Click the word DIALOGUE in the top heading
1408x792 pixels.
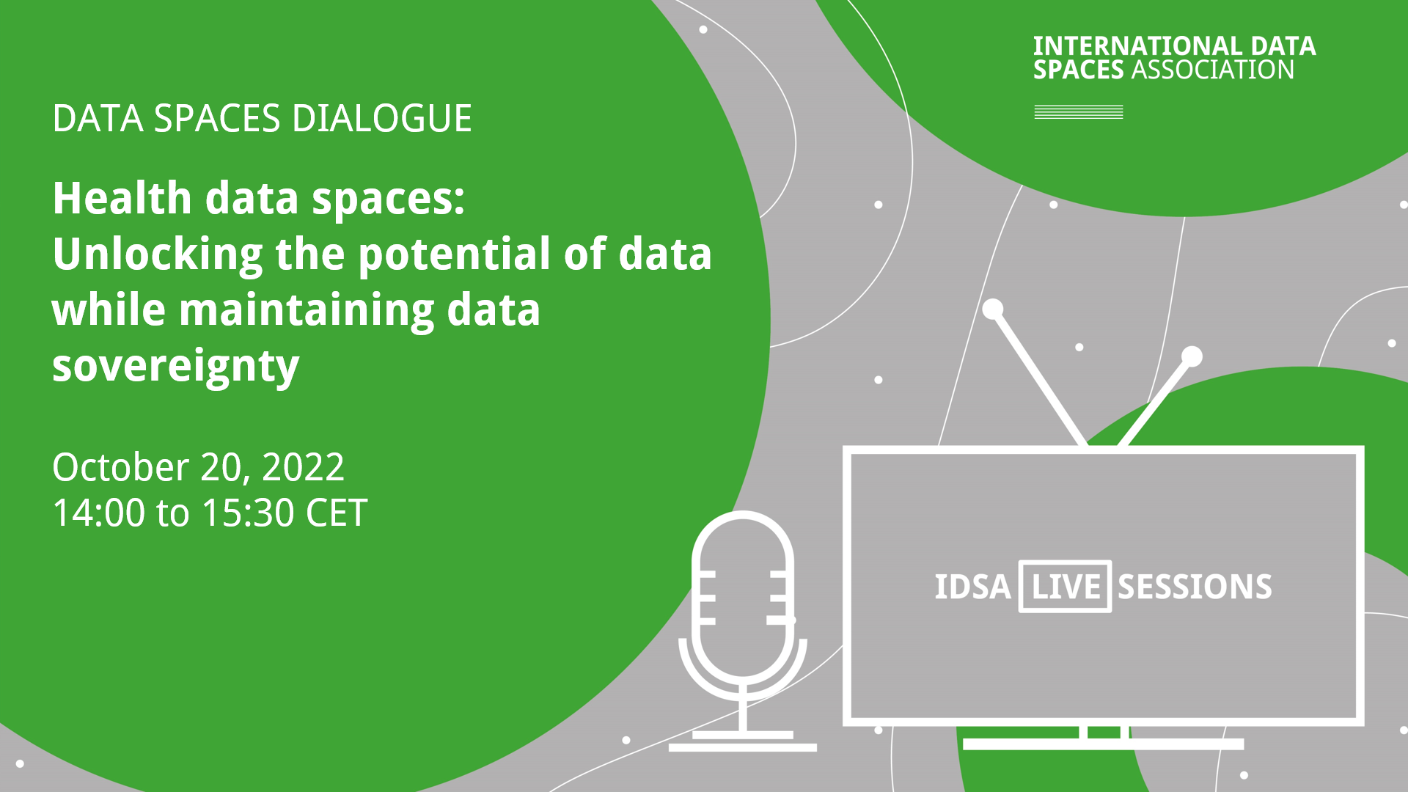click(x=382, y=119)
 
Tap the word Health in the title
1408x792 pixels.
click(x=122, y=198)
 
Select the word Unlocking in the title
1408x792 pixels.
click(x=158, y=255)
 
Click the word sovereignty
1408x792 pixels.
click(x=176, y=367)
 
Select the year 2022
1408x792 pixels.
click(x=303, y=467)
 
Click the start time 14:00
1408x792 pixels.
click(x=99, y=513)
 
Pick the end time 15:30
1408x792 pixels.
click(x=248, y=513)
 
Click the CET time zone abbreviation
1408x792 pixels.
click(x=337, y=513)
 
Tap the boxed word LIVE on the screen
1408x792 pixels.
click(x=1066, y=587)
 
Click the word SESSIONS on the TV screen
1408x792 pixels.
click(x=1195, y=587)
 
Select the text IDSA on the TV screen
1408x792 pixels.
click(x=972, y=587)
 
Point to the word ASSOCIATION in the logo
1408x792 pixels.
click(x=1213, y=70)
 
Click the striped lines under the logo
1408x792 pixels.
click(x=1079, y=111)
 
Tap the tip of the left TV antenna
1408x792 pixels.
click(x=993, y=309)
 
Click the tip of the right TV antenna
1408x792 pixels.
click(x=1192, y=356)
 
